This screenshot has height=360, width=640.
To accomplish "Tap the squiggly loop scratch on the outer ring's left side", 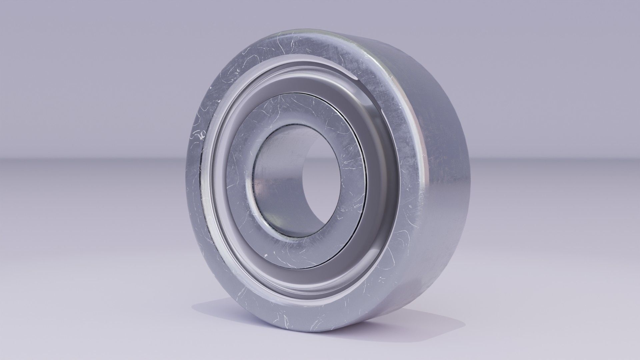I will tap(201, 135).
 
